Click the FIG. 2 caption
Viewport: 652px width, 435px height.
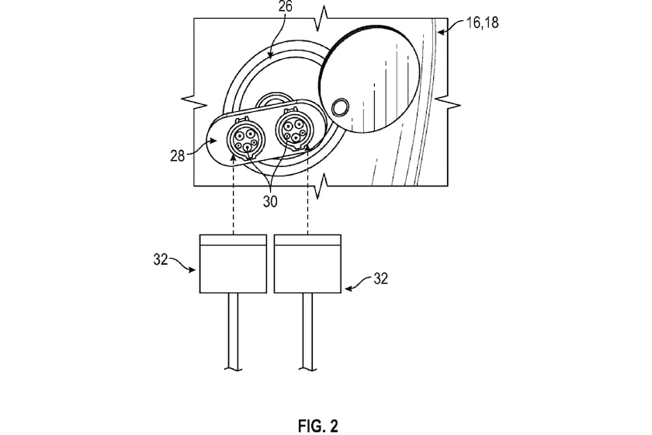pos(317,426)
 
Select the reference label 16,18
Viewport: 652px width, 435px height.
pos(482,22)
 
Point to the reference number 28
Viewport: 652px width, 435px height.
pos(177,156)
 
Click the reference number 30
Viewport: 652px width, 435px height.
pos(270,202)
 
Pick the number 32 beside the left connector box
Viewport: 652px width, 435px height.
pos(161,259)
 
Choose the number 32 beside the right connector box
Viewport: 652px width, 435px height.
pos(380,279)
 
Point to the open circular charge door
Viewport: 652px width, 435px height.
pos(369,78)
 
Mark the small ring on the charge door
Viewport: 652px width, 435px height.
pos(341,107)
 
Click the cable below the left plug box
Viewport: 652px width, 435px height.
pos(233,331)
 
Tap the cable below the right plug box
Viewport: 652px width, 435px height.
pos(307,331)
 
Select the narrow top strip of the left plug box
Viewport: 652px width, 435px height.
pos(233,240)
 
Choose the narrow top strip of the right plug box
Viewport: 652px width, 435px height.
pos(307,240)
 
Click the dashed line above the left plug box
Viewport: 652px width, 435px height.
pos(234,198)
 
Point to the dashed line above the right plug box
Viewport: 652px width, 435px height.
pos(307,192)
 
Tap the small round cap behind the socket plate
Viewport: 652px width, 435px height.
pos(272,100)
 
